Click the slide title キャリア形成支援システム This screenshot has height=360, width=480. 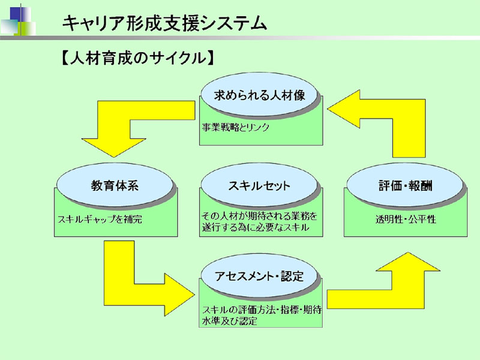pos(164,23)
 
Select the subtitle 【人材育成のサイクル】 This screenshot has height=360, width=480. pos(137,58)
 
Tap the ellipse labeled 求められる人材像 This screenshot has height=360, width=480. pos(260,95)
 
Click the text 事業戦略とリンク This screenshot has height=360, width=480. pos(235,127)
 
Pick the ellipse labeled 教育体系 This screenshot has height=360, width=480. pos(115,185)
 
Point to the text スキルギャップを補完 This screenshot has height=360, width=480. pos(100,219)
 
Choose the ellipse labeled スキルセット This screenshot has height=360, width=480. pos(259,185)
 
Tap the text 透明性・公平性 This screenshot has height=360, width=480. pos(406,219)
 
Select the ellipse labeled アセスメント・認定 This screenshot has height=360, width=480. pos(259,276)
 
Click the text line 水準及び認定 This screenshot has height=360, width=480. pos(230,321)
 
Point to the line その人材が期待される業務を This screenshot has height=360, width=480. pos(260,216)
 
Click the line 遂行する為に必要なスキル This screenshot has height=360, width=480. pos(256,227)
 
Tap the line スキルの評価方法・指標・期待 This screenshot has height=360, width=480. pos(262,310)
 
